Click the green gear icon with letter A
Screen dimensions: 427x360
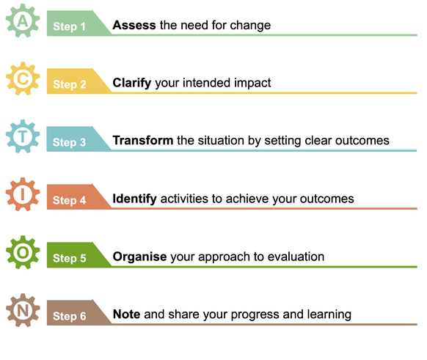(23, 21)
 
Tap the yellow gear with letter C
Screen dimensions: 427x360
(23, 78)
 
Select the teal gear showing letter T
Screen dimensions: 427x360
(23, 136)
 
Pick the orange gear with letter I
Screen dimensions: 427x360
(23, 194)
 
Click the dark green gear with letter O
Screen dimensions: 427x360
(23, 252)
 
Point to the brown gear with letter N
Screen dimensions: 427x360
(23, 310)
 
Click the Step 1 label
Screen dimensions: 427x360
(69, 26)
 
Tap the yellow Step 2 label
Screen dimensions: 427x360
(70, 84)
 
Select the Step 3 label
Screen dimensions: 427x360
(69, 142)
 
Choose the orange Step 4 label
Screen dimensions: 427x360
(70, 200)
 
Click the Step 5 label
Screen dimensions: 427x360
(70, 258)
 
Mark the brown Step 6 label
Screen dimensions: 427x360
(70, 316)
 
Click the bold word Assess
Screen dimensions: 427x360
(134, 25)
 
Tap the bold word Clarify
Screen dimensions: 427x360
(132, 84)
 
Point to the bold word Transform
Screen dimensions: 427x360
(143, 141)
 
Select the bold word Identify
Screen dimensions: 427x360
(134, 199)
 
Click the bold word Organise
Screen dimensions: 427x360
(139, 257)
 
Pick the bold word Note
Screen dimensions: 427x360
(127, 315)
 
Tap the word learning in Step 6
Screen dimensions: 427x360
(329, 315)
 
